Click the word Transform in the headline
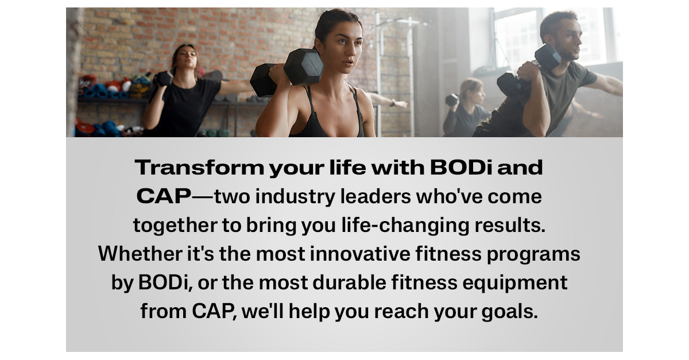click(x=199, y=168)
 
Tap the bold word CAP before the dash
click(x=164, y=196)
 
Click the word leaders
click(x=376, y=196)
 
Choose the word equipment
click(x=515, y=284)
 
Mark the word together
click(x=175, y=226)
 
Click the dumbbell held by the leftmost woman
click(x=164, y=78)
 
